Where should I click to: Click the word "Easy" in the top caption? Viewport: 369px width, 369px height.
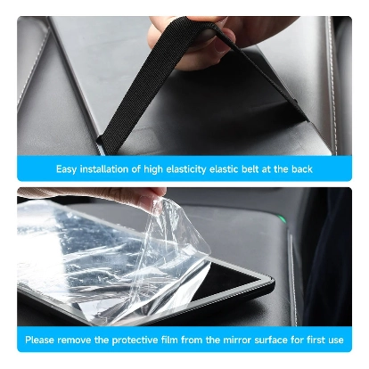point(67,169)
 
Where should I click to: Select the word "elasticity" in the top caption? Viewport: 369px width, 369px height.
point(186,169)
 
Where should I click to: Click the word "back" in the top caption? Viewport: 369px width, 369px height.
point(302,169)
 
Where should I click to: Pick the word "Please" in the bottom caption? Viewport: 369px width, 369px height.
point(40,340)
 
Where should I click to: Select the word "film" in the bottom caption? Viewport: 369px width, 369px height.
point(170,340)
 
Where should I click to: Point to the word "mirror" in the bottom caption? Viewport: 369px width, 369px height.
point(237,340)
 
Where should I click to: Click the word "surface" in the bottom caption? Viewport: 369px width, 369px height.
point(271,340)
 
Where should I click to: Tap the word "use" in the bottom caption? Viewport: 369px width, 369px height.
point(335,340)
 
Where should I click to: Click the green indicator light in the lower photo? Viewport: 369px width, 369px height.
point(282,219)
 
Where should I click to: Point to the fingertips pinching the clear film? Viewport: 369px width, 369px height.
point(153,199)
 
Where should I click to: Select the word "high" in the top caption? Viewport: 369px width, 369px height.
point(153,169)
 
